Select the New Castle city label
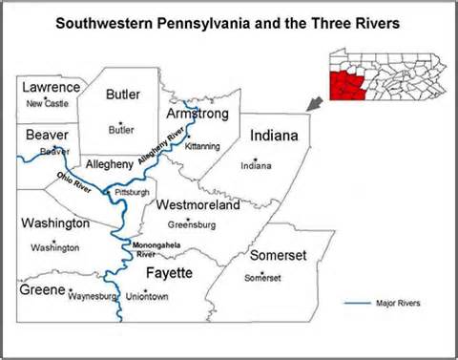pos(48,103)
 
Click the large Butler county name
pos(122,95)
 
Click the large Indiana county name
pos(274,138)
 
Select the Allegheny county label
pos(111,164)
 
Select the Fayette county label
pos(170,273)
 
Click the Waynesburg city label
pos(93,297)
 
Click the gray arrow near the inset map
pos(315,102)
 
